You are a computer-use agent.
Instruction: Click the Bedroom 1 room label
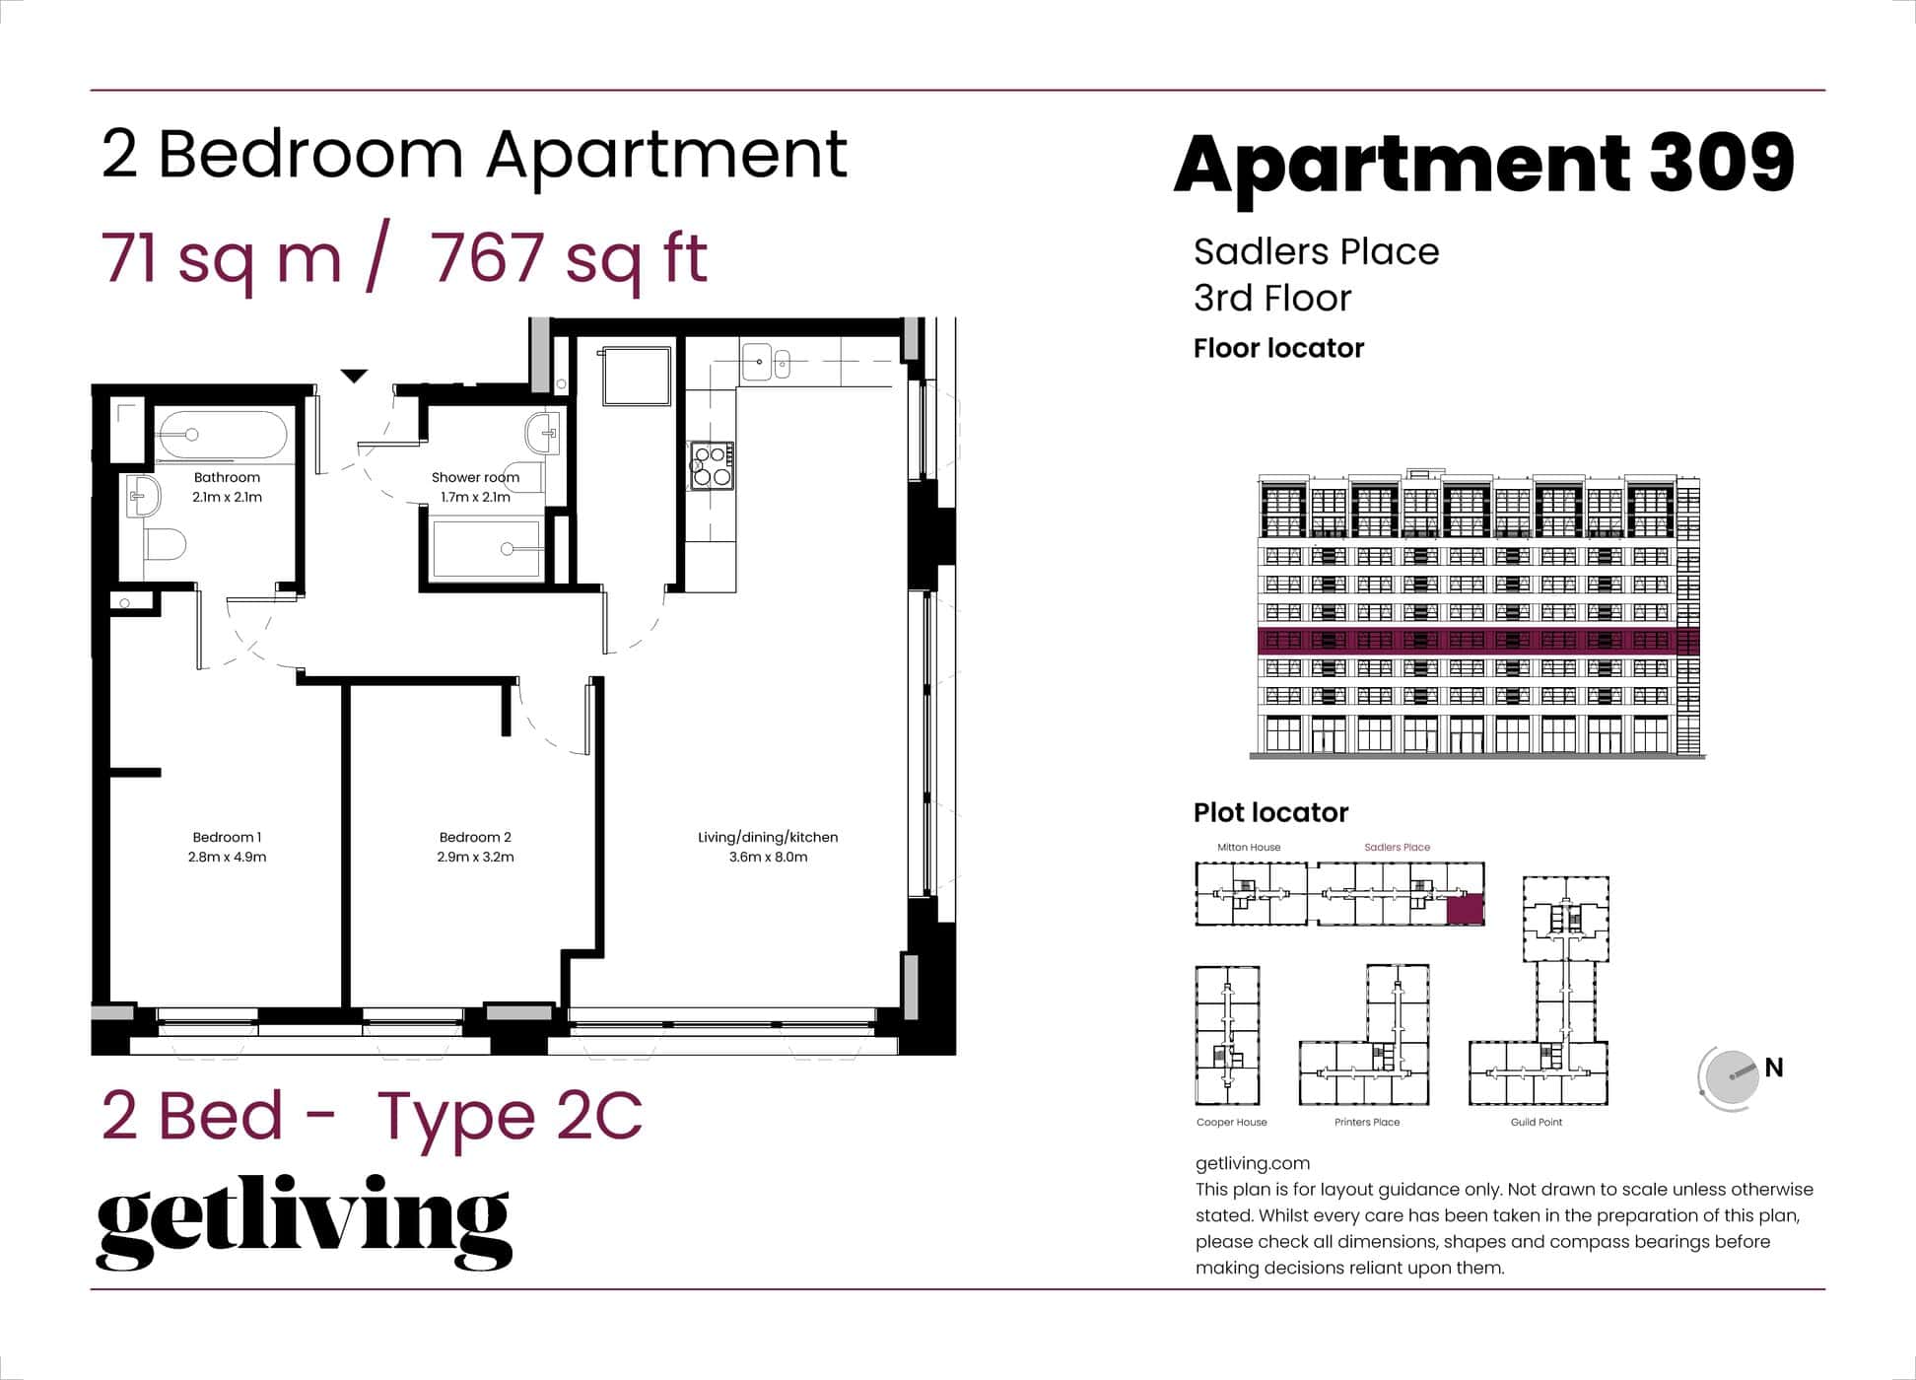(227, 837)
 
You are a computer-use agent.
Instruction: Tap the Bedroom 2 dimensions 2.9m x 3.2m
(475, 857)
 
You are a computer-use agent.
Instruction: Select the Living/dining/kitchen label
(768, 837)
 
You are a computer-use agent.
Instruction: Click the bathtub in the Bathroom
(223, 435)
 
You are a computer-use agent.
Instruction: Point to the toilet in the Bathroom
(166, 543)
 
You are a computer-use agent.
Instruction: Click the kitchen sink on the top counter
(757, 362)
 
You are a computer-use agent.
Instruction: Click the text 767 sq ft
(569, 258)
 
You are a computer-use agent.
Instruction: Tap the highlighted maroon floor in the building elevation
(1478, 642)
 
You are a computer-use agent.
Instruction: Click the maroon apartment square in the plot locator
(1465, 909)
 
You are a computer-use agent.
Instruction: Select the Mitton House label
(1249, 847)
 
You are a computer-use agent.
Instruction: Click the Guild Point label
(1536, 1122)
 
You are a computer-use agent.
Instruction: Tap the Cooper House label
(1231, 1122)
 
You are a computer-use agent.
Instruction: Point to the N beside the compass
(1774, 1068)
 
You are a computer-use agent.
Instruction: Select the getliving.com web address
(1252, 1163)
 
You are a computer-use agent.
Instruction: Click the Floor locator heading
(1278, 348)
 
